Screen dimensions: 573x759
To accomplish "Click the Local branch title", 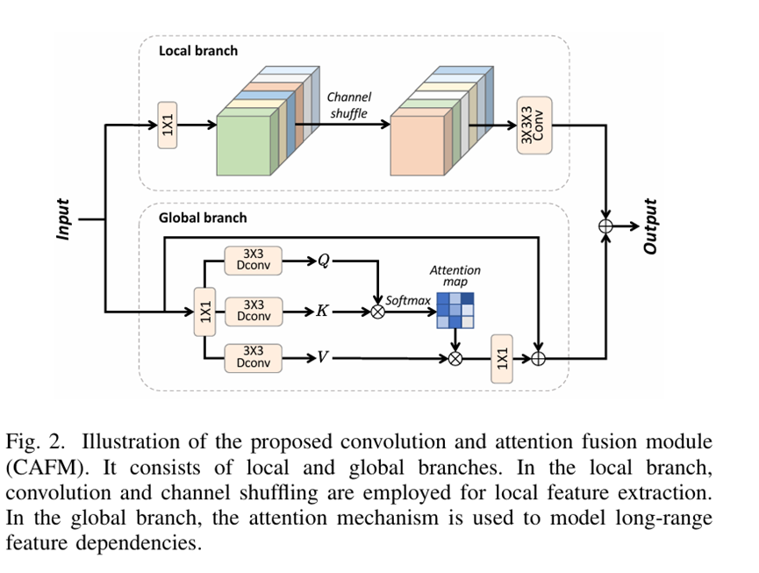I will [x=198, y=51].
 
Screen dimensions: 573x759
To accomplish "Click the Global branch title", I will [x=203, y=217].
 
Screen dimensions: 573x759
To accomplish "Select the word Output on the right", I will [x=650, y=226].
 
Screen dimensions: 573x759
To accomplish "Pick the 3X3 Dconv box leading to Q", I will [x=254, y=261].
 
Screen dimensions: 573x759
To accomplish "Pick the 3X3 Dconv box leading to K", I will [x=254, y=310].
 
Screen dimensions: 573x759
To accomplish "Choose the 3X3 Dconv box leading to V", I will [x=254, y=357].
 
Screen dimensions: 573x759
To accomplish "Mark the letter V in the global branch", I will [x=323, y=358].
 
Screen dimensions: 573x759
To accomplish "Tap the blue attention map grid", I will [x=455, y=310].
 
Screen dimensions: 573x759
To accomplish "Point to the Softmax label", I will [x=408, y=301].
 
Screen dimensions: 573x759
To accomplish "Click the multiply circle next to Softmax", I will [x=378, y=311].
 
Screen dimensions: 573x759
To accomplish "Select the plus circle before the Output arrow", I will [x=605, y=226].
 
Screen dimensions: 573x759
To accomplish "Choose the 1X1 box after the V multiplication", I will [x=501, y=357].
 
